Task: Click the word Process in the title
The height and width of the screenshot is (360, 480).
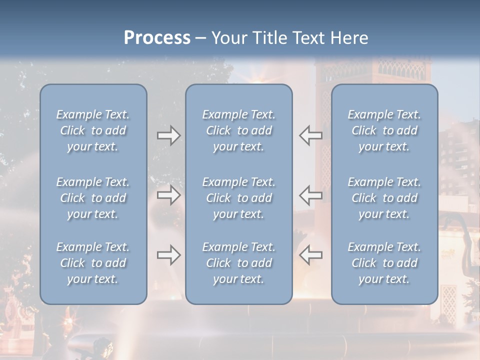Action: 157,38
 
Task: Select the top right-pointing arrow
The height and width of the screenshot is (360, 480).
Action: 168,135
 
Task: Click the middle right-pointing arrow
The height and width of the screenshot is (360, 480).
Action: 168,195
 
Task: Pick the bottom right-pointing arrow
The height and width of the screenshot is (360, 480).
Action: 168,255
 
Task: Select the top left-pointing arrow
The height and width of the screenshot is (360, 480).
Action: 311,135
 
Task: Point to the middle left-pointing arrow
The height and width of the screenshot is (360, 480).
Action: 311,195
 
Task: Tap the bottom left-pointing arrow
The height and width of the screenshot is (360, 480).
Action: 311,255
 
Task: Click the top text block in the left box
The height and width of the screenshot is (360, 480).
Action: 93,130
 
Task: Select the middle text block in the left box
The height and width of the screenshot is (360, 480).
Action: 93,198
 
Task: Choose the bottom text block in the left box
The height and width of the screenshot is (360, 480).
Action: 93,263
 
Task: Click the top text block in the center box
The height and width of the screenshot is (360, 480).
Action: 239,130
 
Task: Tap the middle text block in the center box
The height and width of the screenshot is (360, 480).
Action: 239,198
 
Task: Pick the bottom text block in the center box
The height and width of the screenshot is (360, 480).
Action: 239,263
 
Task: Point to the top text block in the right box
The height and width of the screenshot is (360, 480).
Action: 384,130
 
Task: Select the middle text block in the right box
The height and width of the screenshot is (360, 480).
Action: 384,198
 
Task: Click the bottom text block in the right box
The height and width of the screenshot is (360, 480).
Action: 384,263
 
